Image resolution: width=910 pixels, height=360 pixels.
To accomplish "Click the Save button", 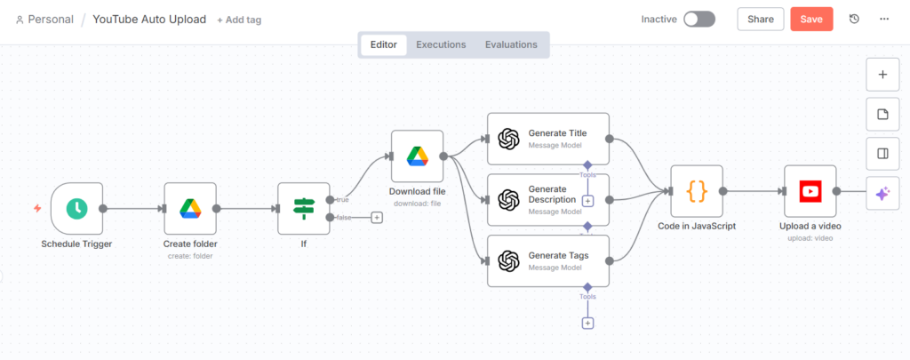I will coord(811,19).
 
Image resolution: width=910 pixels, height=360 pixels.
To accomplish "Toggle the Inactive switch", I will coord(698,19).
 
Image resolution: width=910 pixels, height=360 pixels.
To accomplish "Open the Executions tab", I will coord(441,44).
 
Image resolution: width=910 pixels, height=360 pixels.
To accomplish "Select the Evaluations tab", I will coord(511,44).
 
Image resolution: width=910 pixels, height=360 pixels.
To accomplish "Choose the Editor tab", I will coord(384,44).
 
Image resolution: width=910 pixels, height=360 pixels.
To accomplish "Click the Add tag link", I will coord(240,20).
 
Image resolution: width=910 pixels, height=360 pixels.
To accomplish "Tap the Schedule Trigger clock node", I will coord(76,208).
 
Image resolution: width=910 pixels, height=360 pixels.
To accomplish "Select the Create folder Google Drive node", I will coord(190,208).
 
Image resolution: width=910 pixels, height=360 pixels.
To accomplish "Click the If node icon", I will coord(304,208).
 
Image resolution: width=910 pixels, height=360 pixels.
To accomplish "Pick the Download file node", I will coord(417,156).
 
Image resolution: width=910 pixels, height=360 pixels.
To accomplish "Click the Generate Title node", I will coord(548,139).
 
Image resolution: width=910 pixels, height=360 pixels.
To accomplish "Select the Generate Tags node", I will coord(548,260).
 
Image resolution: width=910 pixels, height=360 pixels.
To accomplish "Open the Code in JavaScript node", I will coord(697,190).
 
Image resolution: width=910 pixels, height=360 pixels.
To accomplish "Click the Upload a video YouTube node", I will coord(810,190).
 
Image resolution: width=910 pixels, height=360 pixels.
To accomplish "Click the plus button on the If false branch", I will coord(377,217).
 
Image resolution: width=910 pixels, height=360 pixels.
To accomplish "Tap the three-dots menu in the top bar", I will coord(884,19).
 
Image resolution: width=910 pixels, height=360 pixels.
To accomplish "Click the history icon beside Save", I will coord(854,19).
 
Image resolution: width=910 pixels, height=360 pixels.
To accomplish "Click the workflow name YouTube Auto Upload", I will coord(149,19).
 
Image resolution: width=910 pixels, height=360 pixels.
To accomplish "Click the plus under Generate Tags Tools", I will coord(587,323).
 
